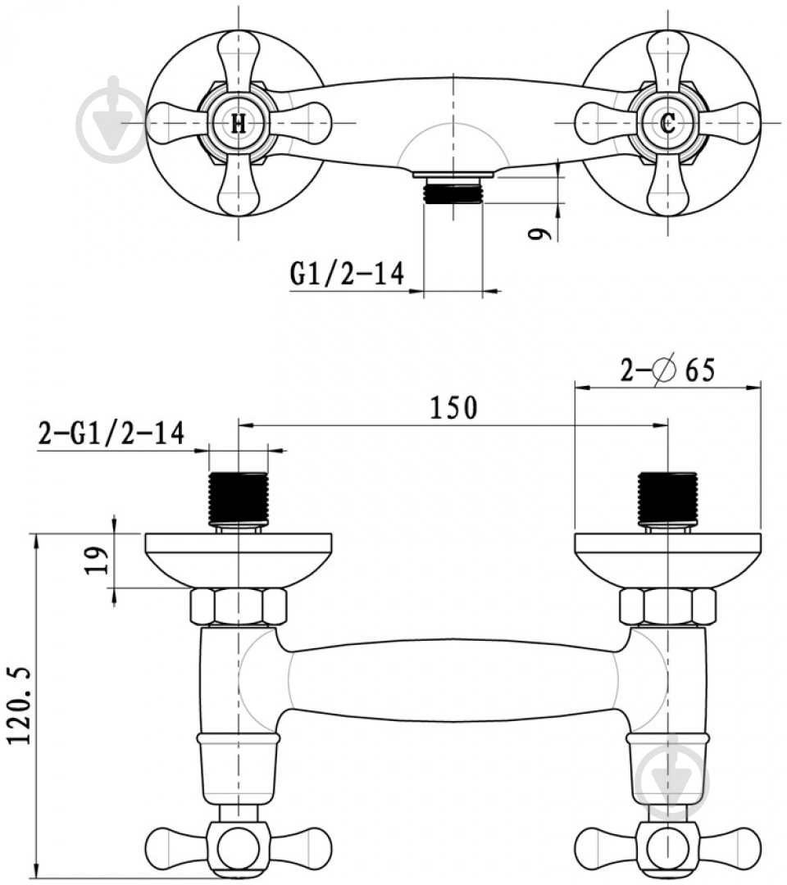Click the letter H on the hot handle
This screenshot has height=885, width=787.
click(x=239, y=122)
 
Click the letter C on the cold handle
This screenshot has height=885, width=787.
click(x=668, y=122)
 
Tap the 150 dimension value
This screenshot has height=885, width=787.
click(x=454, y=407)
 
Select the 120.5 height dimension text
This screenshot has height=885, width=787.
click(x=20, y=706)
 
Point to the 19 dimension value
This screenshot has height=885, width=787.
click(x=97, y=560)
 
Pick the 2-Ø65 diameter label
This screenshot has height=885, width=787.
click(x=668, y=370)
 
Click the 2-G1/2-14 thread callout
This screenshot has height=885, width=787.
click(x=111, y=433)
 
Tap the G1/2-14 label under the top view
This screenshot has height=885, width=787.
click(x=348, y=274)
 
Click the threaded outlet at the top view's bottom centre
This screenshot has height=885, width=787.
click(x=453, y=192)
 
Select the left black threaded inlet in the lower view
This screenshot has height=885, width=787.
click(x=239, y=497)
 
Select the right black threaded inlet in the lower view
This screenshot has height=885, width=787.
click(x=668, y=497)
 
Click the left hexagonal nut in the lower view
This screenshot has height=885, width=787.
click(x=239, y=606)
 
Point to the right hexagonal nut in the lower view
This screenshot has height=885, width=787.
click(x=668, y=606)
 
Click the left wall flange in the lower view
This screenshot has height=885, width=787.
click(x=239, y=560)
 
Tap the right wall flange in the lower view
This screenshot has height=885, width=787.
click(x=668, y=560)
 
